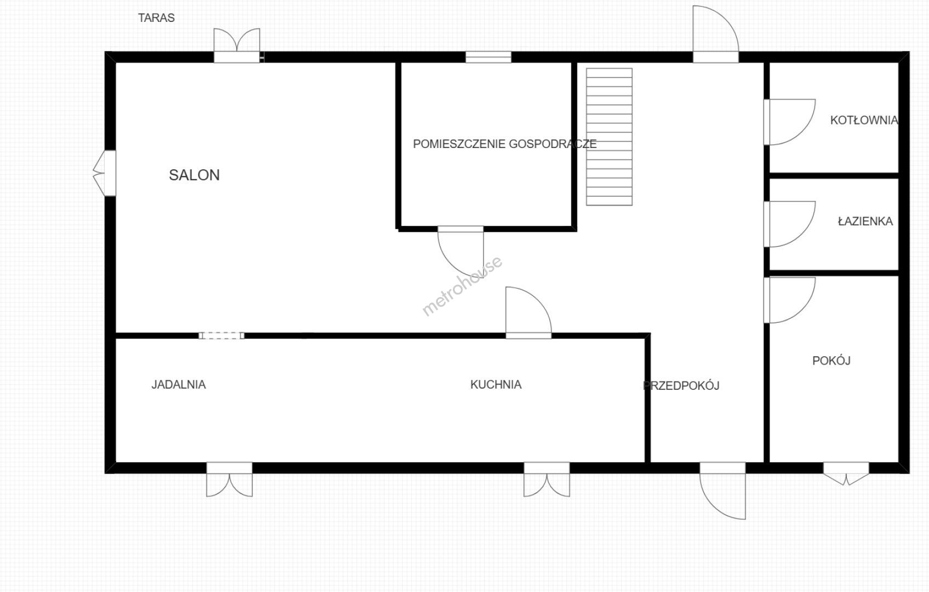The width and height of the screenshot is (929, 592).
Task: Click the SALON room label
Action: (x=194, y=175)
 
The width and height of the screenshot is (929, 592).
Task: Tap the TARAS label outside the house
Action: (x=156, y=18)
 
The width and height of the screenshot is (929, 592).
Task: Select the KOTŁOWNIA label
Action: (x=864, y=121)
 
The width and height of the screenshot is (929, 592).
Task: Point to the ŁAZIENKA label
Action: (x=865, y=221)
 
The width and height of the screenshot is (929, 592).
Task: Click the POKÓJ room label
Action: (x=831, y=360)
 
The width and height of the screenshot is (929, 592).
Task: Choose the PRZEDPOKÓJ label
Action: (x=681, y=386)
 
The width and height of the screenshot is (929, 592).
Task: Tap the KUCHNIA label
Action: (x=496, y=384)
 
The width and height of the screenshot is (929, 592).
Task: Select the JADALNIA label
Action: (x=179, y=384)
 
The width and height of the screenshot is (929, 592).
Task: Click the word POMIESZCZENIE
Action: (x=459, y=144)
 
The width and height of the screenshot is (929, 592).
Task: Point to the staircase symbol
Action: (x=609, y=136)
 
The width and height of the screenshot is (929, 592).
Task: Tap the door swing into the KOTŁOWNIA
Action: (x=790, y=122)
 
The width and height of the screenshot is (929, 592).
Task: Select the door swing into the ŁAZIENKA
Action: (x=790, y=224)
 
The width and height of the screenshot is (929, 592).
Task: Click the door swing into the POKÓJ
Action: (x=790, y=300)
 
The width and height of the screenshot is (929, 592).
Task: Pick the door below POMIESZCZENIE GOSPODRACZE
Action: (x=461, y=252)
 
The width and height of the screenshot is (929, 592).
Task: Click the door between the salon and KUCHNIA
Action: (x=529, y=312)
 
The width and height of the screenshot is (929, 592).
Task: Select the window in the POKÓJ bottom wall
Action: (x=846, y=473)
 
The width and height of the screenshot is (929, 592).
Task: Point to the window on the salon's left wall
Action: (x=105, y=173)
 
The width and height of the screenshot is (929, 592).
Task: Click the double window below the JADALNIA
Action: (x=230, y=480)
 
